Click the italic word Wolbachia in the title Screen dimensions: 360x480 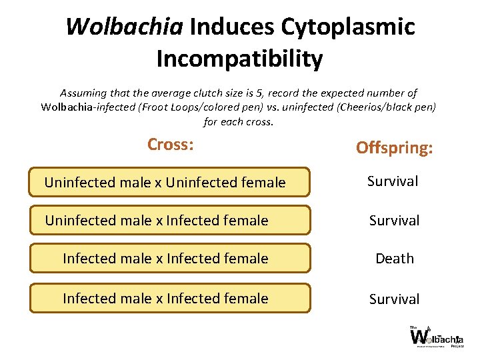tap(125, 27)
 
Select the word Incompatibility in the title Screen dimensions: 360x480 tap(239, 59)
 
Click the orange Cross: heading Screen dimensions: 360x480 tap(170, 144)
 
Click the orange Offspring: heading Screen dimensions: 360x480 tap(394, 147)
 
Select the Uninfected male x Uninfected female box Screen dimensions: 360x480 tap(169, 182)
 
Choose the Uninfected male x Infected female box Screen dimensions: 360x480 tap(169, 220)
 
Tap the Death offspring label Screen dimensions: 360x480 tap(394, 259)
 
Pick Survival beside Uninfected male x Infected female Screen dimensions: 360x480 tap(394, 221)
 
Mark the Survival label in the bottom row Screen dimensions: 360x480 tap(394, 299)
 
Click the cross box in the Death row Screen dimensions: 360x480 tap(169, 258)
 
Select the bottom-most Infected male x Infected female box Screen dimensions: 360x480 tap(169, 298)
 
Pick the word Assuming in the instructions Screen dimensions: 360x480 tap(82, 93)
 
